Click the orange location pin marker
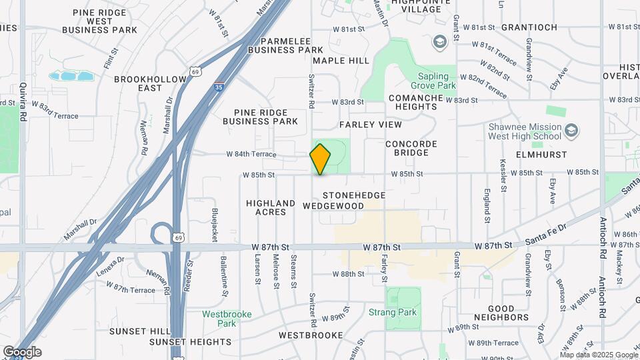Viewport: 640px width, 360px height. coord(321,159)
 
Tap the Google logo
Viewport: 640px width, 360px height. coord(22,352)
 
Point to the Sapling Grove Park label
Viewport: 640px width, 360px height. coord(437,81)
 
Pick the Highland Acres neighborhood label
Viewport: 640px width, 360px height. coord(270,207)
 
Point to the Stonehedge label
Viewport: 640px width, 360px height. coord(354,195)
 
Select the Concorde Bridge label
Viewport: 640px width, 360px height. coord(411,148)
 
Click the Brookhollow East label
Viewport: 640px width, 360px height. coord(150,83)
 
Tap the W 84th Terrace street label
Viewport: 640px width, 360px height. coord(251,154)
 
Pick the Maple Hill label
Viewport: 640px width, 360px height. coord(341,61)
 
